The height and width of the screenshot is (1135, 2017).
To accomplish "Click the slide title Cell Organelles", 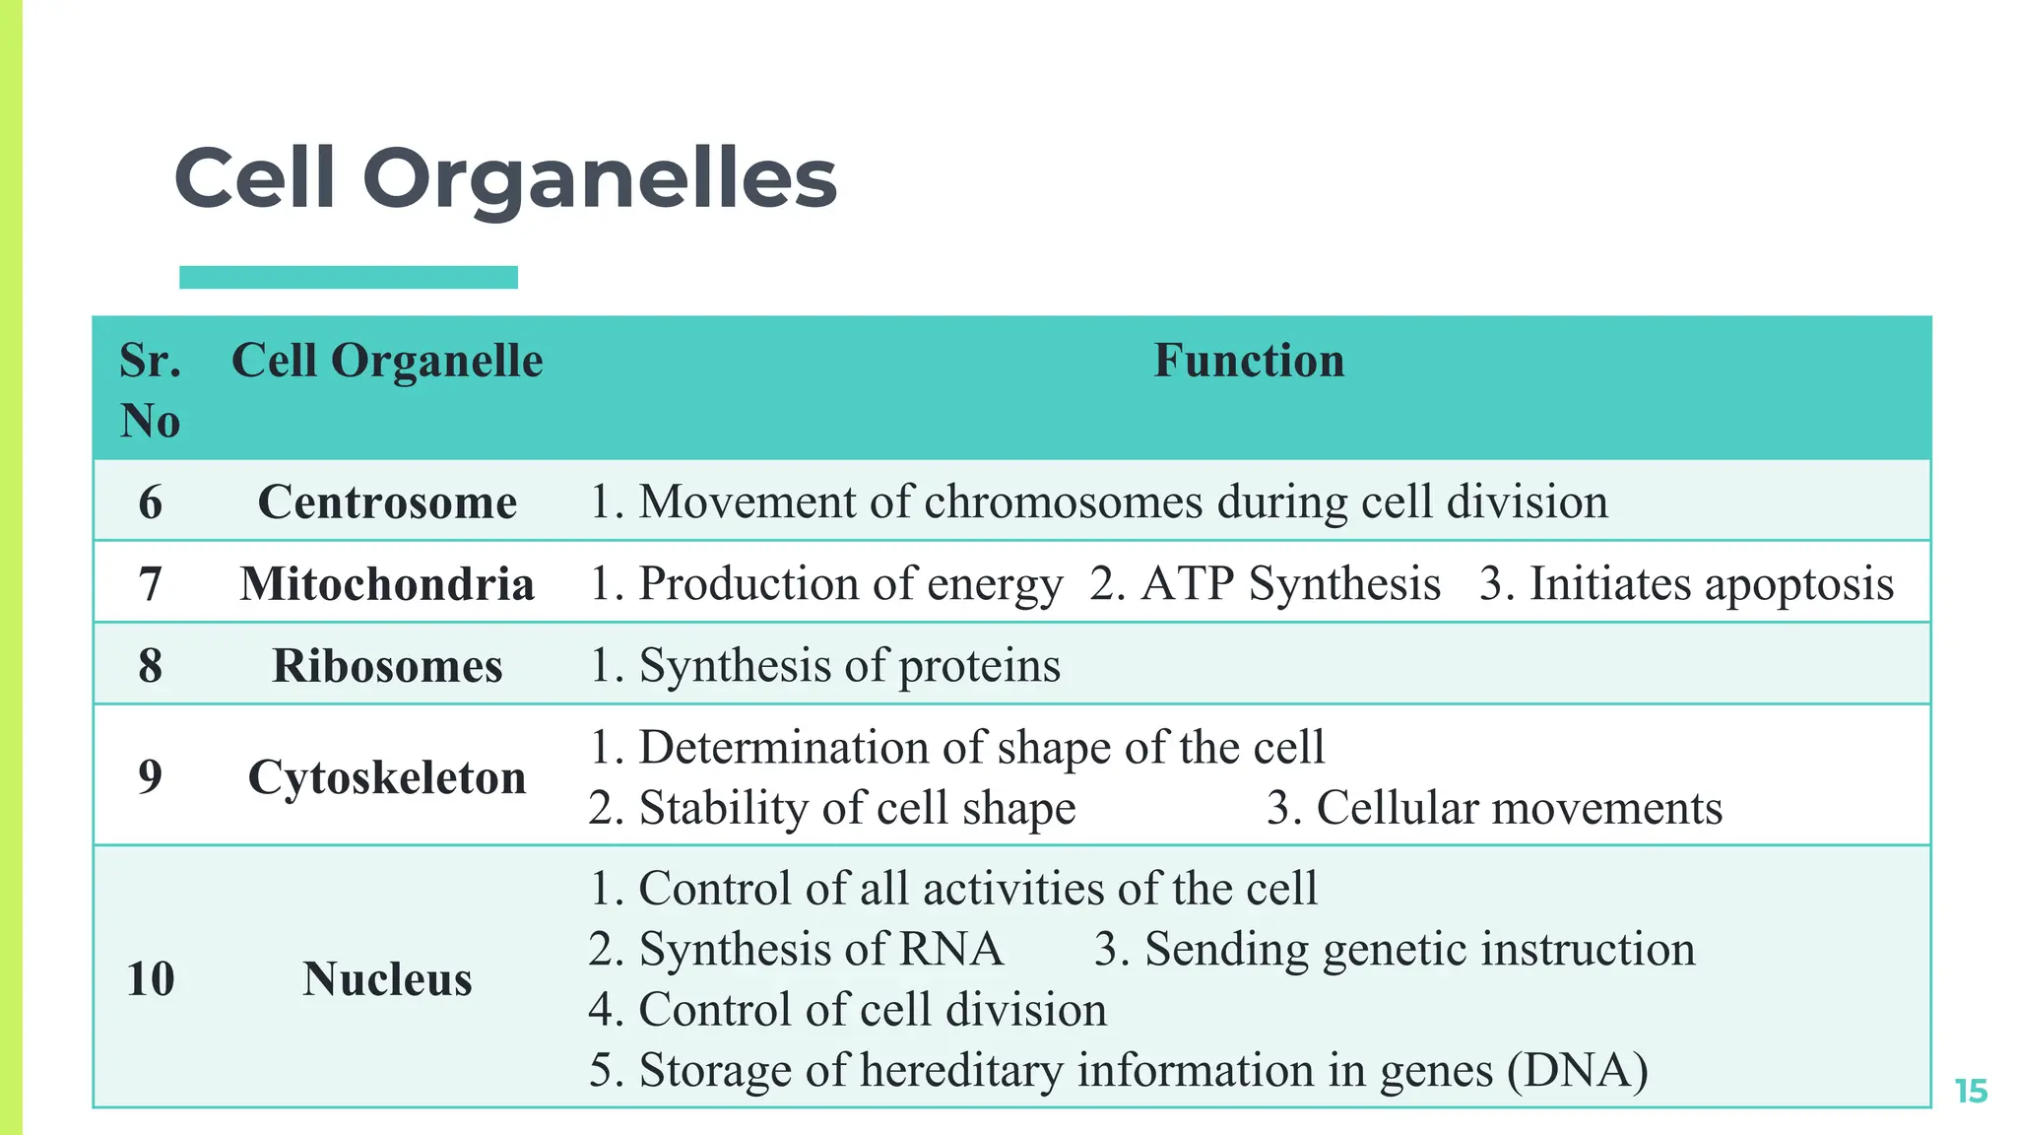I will pos(505,178).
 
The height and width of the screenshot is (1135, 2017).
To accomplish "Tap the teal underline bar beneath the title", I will pos(348,277).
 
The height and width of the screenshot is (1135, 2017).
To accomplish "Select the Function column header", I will pos(1248,361).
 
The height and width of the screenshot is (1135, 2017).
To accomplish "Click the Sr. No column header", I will pos(150,389).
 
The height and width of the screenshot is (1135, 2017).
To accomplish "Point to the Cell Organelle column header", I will pos(387,361).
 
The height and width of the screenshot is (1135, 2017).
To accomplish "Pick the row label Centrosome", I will pos(387,501).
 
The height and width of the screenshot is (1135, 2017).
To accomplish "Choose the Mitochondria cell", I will pos(387,583).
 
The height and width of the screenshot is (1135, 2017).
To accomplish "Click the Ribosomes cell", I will pos(387,665).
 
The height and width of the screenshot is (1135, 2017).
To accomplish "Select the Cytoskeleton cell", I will pos(387,776).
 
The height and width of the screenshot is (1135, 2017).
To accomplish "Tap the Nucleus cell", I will pos(387,978).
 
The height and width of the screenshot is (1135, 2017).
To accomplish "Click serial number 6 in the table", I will pos(150,501).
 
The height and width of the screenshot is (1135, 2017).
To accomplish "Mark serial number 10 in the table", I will pos(150,978).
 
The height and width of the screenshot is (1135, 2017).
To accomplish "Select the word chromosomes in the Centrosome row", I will pos(1064,501).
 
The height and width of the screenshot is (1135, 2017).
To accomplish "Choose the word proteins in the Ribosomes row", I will pos(979,667).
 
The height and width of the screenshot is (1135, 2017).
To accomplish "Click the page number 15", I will pos(1971,1091).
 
